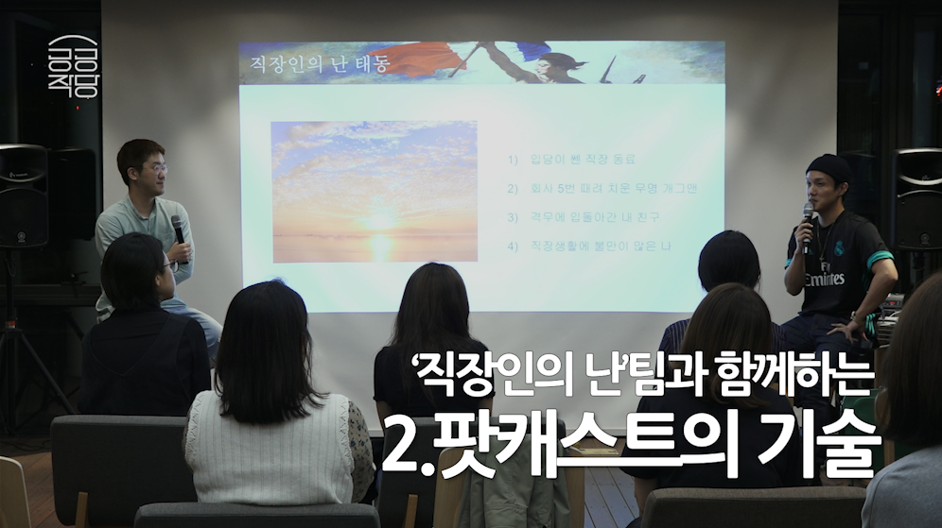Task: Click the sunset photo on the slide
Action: (374, 191)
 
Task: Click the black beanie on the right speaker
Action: (828, 168)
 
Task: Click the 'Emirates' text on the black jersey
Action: (824, 280)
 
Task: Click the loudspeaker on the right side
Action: (918, 198)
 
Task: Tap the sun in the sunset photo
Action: (380, 220)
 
